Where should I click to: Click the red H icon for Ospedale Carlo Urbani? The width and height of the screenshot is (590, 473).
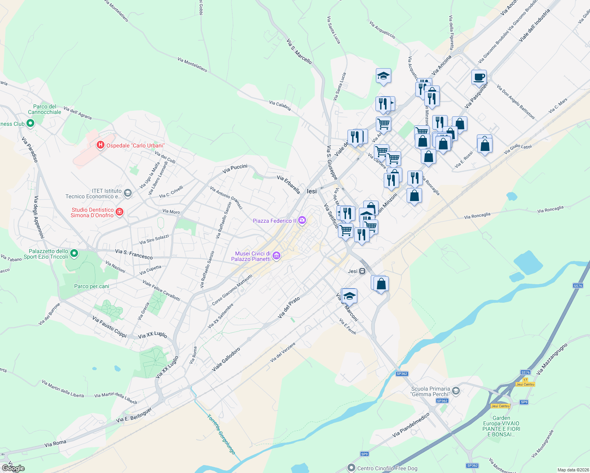click(101, 145)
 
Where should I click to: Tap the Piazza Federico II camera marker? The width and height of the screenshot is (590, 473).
click(302, 221)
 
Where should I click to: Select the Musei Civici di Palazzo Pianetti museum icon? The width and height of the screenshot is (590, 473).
click(276, 256)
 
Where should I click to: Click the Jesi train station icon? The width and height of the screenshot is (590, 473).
click(362, 271)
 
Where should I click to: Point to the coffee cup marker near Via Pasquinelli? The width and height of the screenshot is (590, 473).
click(479, 77)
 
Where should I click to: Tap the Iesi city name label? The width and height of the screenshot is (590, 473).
click(312, 191)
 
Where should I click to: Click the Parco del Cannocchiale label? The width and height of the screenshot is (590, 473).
click(45, 109)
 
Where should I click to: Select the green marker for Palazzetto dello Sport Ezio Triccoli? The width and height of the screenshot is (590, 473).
click(74, 253)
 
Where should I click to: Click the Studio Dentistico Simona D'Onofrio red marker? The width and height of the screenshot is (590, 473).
click(119, 212)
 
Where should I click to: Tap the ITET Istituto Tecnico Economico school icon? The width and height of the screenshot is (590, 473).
click(127, 193)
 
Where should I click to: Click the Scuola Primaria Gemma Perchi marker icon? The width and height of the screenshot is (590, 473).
click(456, 391)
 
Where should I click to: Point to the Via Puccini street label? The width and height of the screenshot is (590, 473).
click(235, 169)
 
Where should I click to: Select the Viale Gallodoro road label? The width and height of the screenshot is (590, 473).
click(226, 359)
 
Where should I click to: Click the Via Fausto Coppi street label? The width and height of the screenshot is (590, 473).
click(109, 327)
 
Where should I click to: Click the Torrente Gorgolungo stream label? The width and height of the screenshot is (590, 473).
click(221, 434)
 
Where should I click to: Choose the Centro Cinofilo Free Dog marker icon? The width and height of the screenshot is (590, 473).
click(351, 468)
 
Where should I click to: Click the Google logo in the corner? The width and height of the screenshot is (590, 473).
click(13, 468)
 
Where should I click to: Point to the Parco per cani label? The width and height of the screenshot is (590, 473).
click(91, 287)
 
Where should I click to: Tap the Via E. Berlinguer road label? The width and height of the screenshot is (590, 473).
click(134, 415)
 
